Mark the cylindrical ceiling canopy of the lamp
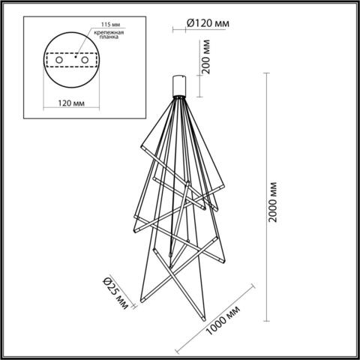coord(180,84)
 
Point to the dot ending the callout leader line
coord(80,54)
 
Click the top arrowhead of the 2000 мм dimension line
coord(267,74)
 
